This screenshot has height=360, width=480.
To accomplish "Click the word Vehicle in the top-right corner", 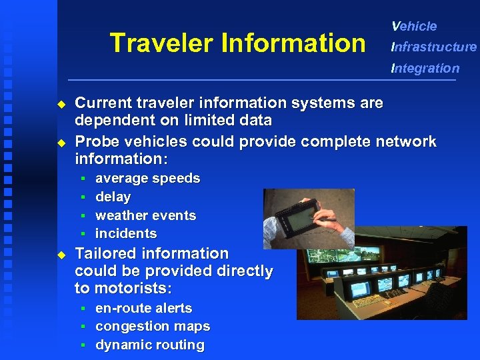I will [x=414, y=27].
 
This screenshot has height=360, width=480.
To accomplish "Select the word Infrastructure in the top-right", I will [x=434, y=47].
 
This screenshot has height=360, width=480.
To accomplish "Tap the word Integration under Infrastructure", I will [x=425, y=68].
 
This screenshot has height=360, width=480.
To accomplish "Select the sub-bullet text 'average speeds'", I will [x=147, y=179].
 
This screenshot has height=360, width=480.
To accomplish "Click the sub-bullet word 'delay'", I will [x=113, y=197].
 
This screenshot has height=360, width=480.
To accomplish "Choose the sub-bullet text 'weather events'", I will [x=145, y=216].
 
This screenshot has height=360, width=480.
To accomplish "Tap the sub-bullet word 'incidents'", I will [x=126, y=234].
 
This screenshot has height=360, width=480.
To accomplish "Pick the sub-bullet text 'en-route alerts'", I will [x=143, y=309].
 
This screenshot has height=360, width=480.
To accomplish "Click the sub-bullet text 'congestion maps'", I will [x=153, y=327].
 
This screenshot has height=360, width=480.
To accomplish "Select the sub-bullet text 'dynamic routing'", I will [x=149, y=345].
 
